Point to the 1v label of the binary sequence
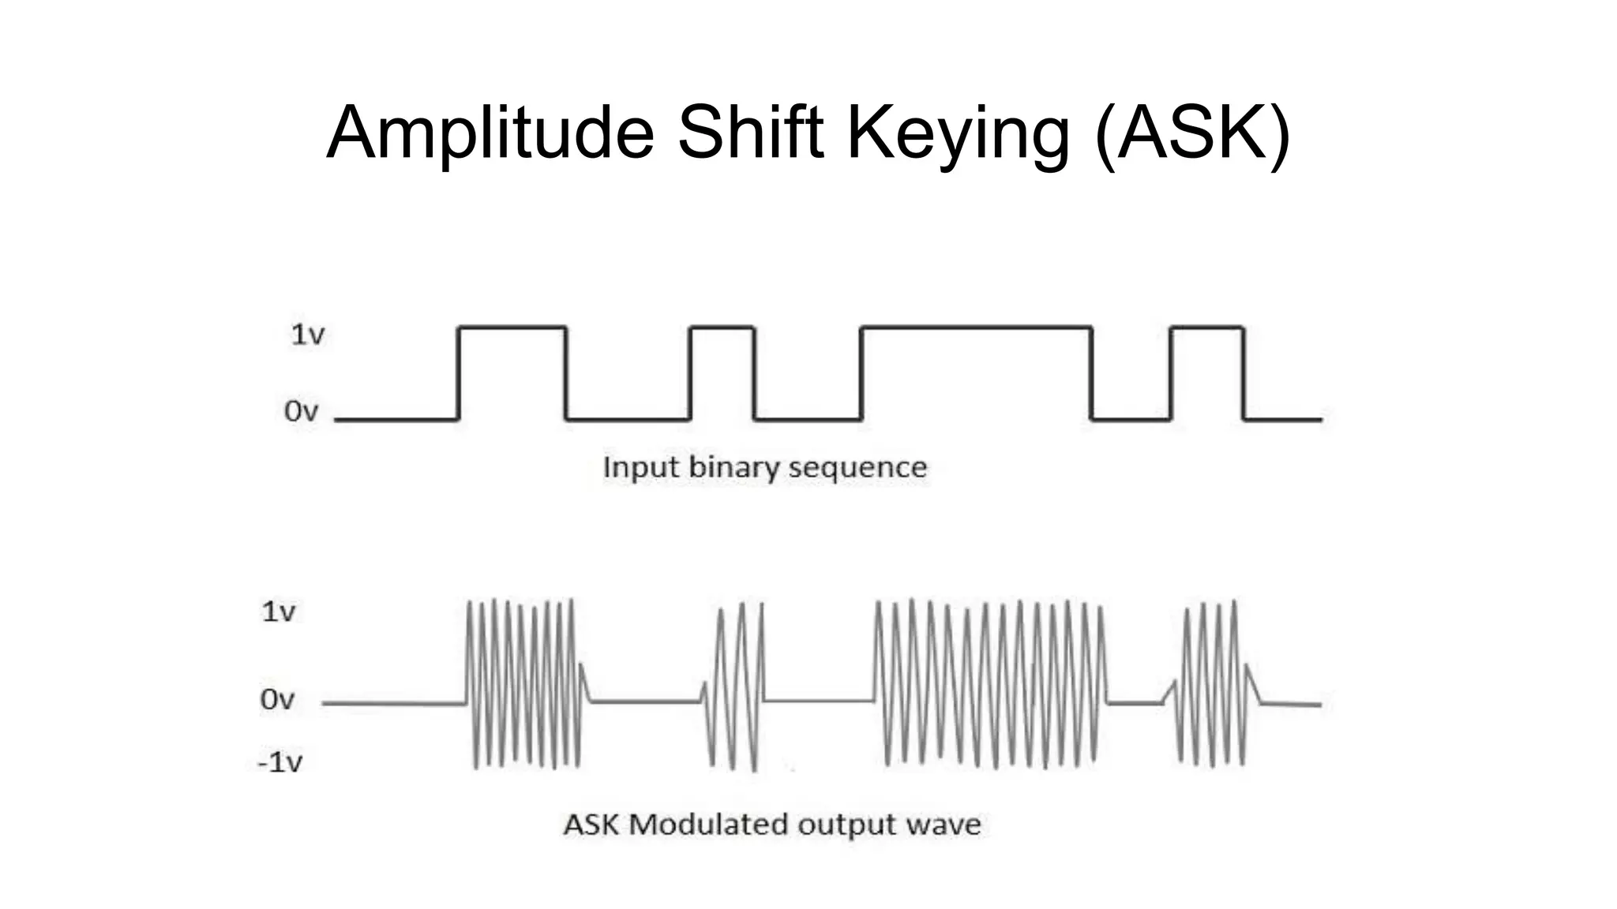point(307,335)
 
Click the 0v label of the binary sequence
point(301,411)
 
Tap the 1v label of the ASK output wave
point(278,612)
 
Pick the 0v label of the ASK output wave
point(276,699)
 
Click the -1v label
point(280,762)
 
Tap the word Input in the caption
point(639,467)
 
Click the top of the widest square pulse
point(976,327)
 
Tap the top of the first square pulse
point(512,327)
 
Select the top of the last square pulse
point(1206,327)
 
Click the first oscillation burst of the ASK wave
point(524,683)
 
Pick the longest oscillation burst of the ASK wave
point(991,683)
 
